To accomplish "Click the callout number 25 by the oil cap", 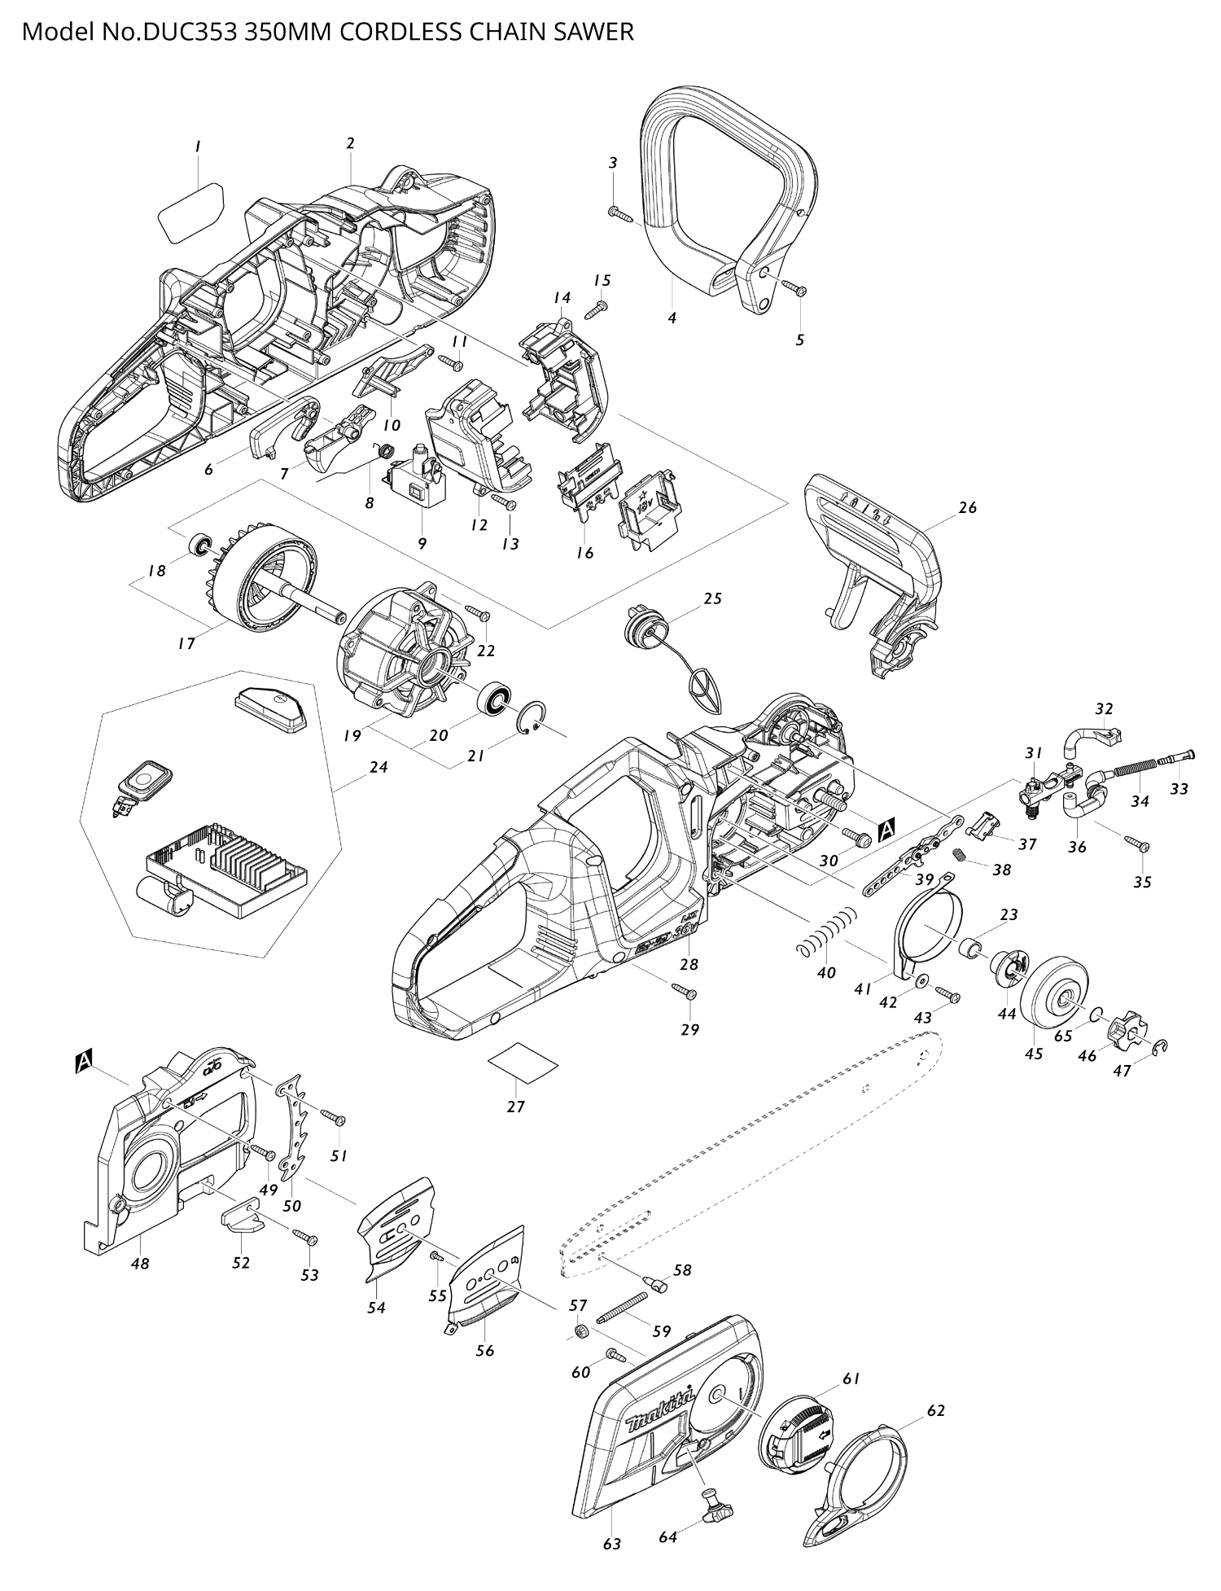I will (712, 598).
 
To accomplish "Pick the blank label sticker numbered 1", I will (190, 211).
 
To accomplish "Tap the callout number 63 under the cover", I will (612, 1543).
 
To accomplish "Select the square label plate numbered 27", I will (523, 1064).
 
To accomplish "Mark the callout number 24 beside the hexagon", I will (378, 767).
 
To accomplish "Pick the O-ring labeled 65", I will (1096, 1014).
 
